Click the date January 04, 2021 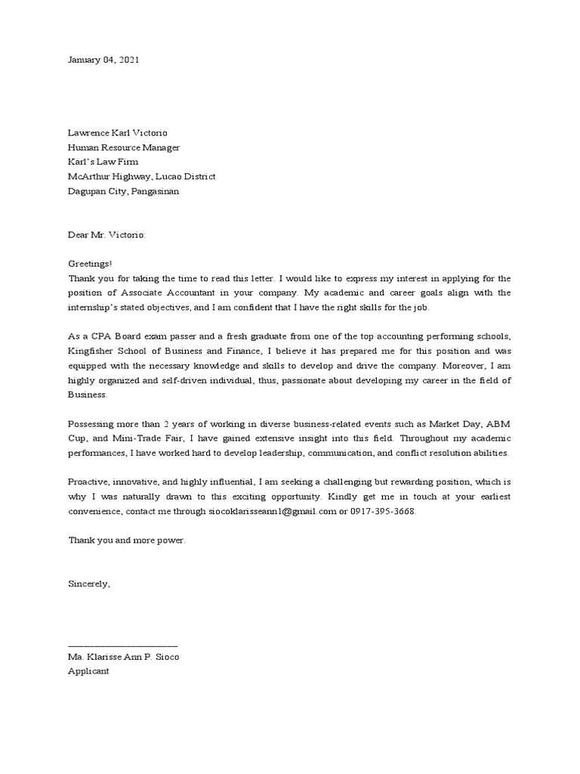click(103, 60)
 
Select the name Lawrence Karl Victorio click(118, 133)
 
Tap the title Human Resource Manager click(124, 147)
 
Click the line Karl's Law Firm click(103, 162)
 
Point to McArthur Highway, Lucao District click(141, 176)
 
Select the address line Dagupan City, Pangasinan click(124, 191)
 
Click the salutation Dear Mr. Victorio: click(106, 235)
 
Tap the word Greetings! click(90, 264)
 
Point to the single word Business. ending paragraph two click(88, 394)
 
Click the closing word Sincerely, click(89, 584)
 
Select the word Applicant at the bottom click(88, 670)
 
